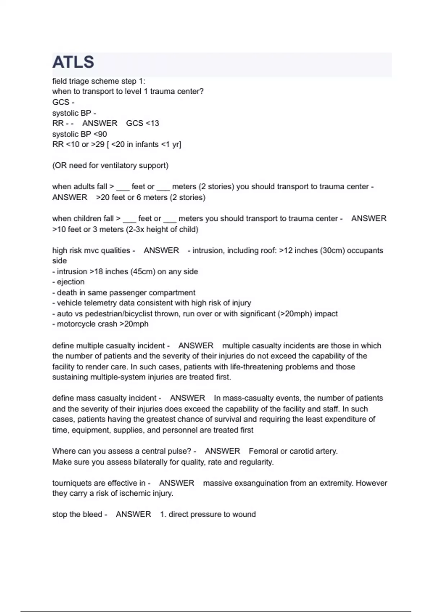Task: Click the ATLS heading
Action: [x=73, y=63]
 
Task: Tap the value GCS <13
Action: [x=143, y=123]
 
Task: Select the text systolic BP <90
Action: [x=80, y=134]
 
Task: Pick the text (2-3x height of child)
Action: [x=162, y=229]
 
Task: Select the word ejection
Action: [x=71, y=282]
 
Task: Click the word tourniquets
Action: [x=73, y=483]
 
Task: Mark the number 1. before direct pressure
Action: [x=163, y=514]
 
